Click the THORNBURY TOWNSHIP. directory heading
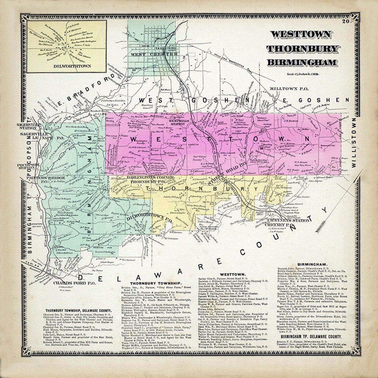pyautogui.click(x=155, y=283)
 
